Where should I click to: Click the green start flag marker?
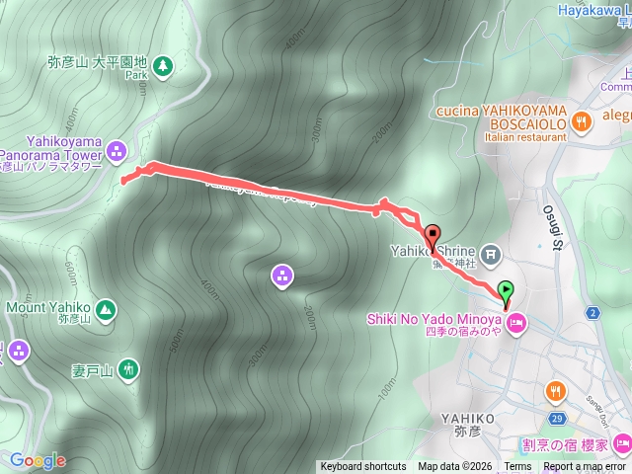[507, 291]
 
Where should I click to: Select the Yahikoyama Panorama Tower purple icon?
[118, 150]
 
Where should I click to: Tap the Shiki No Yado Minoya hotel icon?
[516, 322]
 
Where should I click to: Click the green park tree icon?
[164, 66]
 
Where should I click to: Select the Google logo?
[38, 460]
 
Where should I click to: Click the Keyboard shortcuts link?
[362, 467]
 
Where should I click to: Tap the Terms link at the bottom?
[517, 467]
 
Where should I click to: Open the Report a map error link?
[584, 467]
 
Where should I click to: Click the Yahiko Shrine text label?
[447, 251]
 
